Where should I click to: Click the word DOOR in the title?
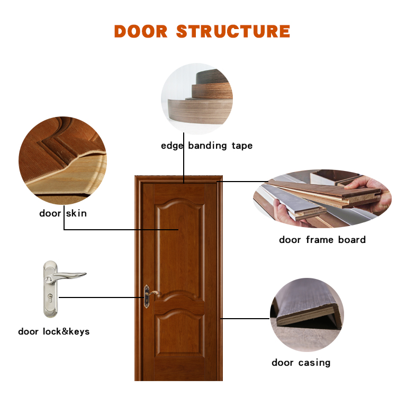(141, 31)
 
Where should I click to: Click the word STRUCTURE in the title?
(233, 31)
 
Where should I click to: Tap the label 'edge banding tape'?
(207, 146)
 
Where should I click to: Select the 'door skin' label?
(63, 213)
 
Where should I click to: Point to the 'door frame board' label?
(322, 239)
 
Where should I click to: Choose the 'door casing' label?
(301, 363)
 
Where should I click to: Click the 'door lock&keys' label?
(54, 331)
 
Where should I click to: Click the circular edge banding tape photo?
(197, 99)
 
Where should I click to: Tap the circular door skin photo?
(63, 160)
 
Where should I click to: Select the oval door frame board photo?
(322, 198)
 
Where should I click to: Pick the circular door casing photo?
(307, 315)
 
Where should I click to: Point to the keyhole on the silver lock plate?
(50, 297)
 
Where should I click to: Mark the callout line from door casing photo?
(245, 319)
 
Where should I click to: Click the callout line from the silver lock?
(102, 297)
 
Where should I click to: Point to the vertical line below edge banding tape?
(184, 158)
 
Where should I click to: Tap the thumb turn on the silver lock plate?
(48, 279)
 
